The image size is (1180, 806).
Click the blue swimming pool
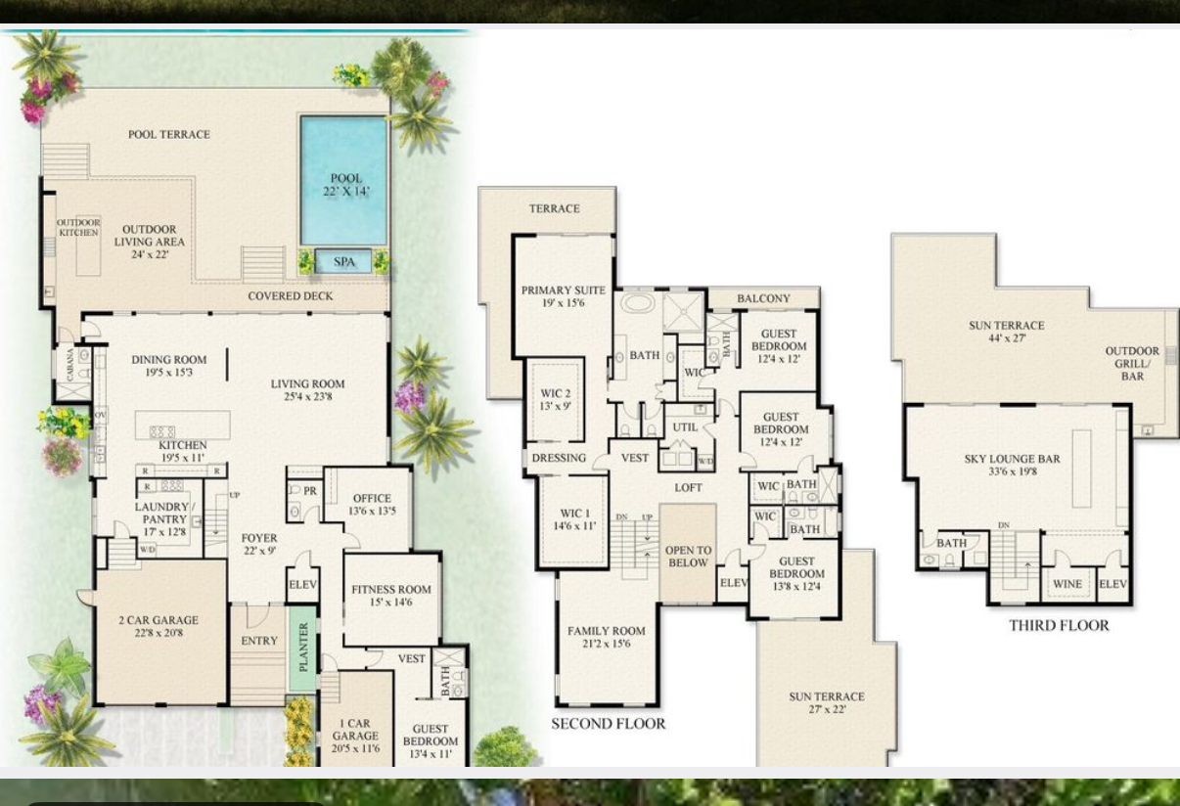tap(344, 181)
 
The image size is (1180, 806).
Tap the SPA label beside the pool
tap(344, 262)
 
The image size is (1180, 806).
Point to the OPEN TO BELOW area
tap(688, 556)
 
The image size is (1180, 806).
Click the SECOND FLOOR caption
tap(608, 724)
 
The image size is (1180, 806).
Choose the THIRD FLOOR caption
tap(1059, 625)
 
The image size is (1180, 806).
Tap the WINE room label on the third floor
tap(1067, 584)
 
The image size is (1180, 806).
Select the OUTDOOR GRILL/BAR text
tap(1132, 363)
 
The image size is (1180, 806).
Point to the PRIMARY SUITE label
tap(563, 296)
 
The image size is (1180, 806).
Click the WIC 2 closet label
tap(555, 399)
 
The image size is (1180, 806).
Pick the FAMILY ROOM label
tap(607, 638)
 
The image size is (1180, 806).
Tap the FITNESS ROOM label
tap(391, 596)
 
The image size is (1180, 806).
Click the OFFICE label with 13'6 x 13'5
tap(372, 505)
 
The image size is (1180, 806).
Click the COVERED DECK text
tap(290, 295)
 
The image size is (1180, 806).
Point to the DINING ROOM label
tap(169, 366)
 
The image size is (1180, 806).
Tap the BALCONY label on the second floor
tap(763, 298)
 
